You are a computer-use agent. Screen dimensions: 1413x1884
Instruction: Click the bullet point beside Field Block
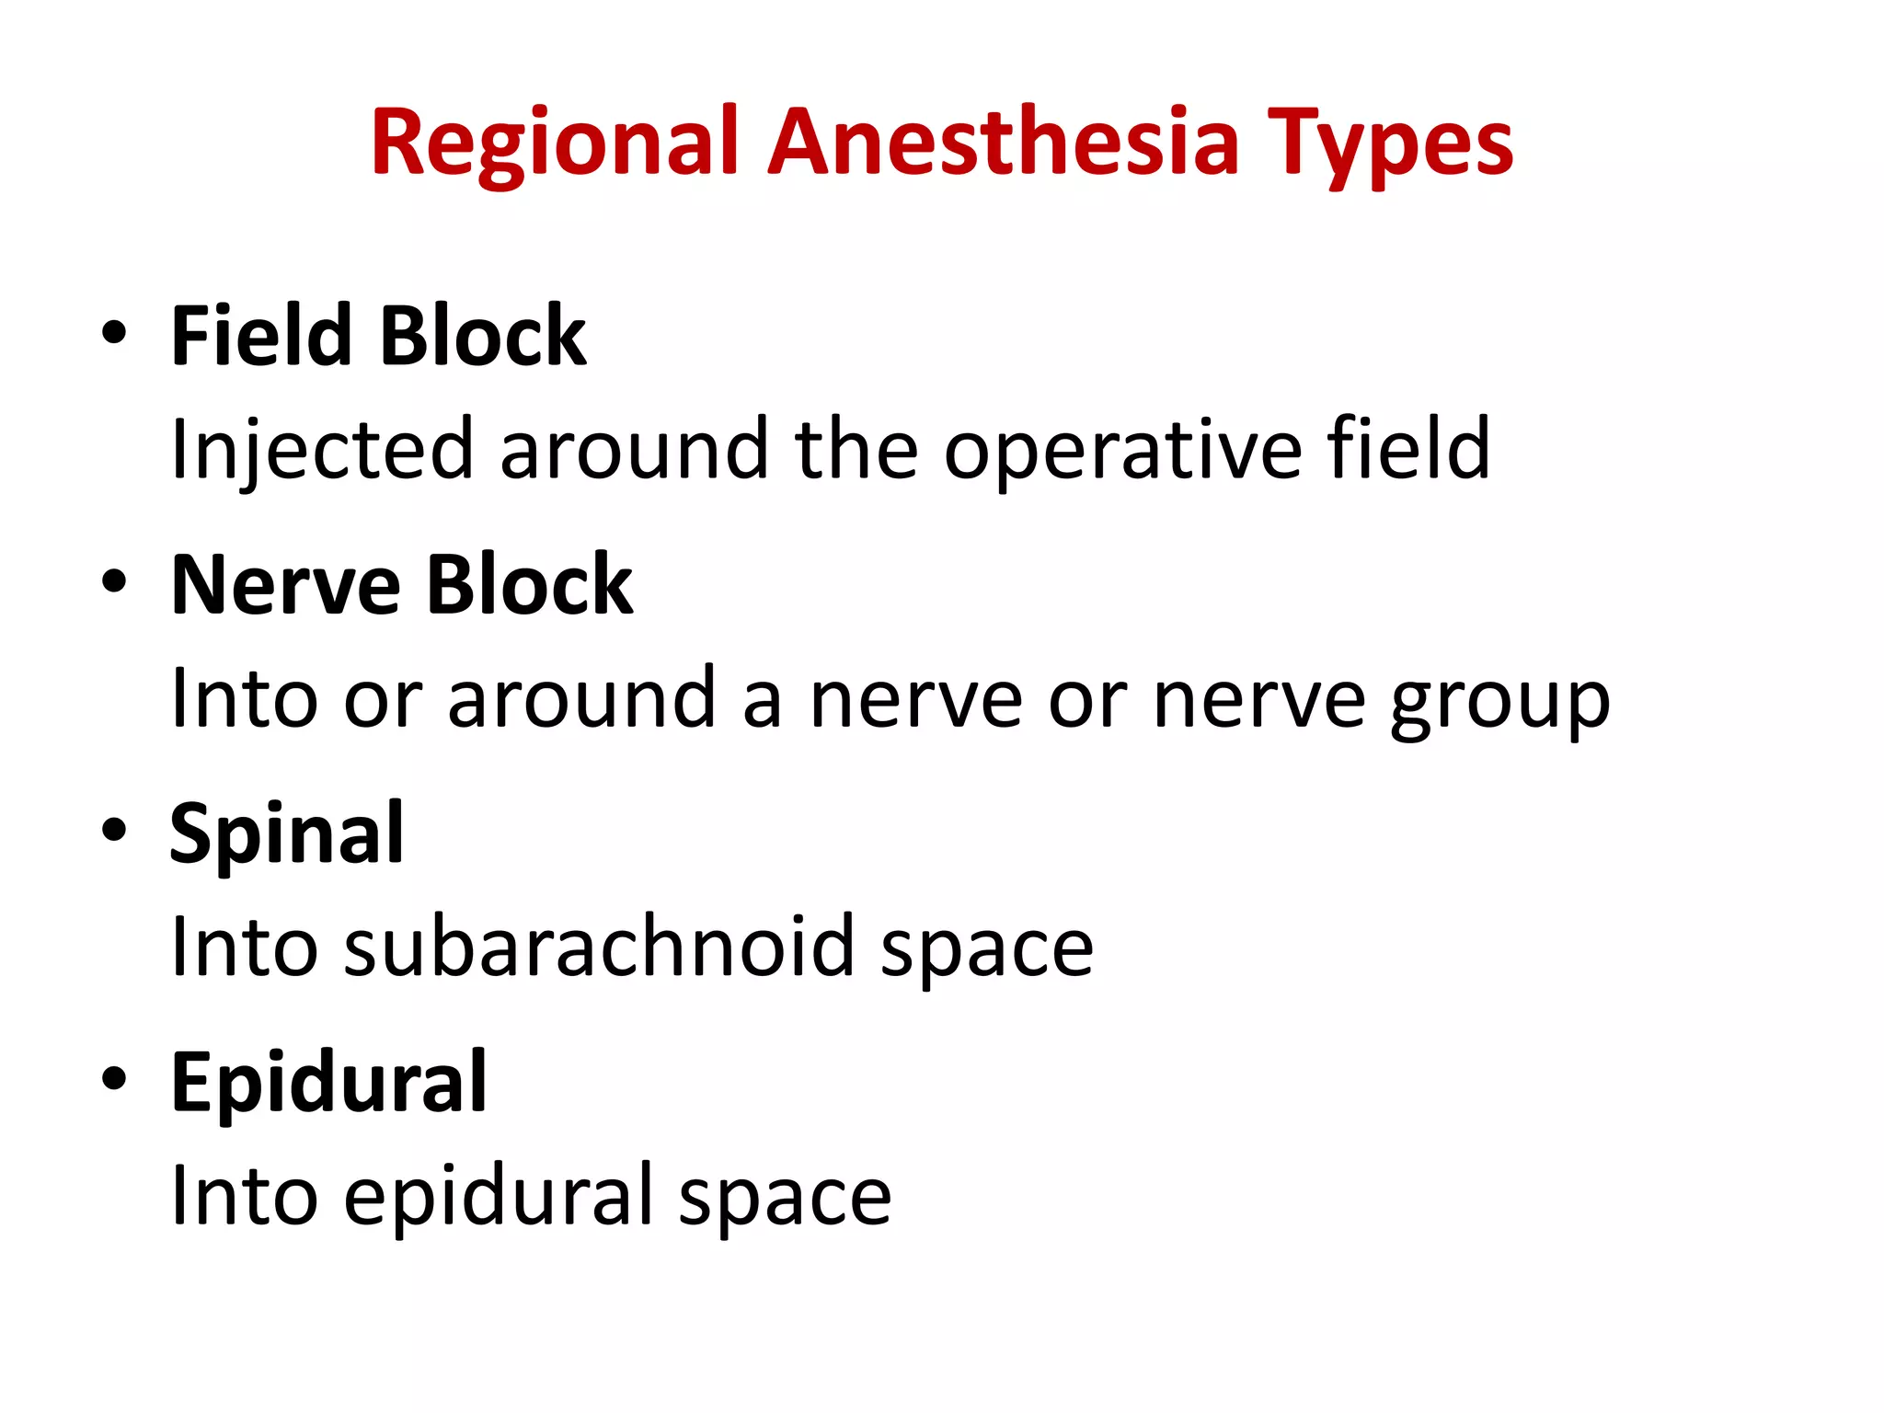click(x=114, y=333)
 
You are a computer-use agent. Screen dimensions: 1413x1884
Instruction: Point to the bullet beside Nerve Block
click(x=114, y=582)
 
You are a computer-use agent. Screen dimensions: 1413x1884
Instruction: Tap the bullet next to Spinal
click(x=114, y=831)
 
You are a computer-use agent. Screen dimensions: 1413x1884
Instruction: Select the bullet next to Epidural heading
click(x=114, y=1079)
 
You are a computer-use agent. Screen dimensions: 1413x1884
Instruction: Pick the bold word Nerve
click(x=286, y=585)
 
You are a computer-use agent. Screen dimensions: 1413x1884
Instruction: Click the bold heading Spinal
click(x=287, y=833)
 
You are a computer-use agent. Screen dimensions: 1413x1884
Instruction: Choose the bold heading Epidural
click(x=328, y=1082)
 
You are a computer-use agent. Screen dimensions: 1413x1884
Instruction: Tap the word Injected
click(x=322, y=450)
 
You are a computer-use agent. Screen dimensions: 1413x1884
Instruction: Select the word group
click(x=1499, y=699)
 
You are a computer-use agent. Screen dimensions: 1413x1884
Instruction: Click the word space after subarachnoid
click(x=986, y=948)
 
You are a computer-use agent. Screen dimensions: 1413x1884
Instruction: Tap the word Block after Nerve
click(x=530, y=585)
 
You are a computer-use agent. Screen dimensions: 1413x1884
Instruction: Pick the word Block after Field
click(x=483, y=336)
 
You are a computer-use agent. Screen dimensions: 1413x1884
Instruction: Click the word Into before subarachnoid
click(x=245, y=948)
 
